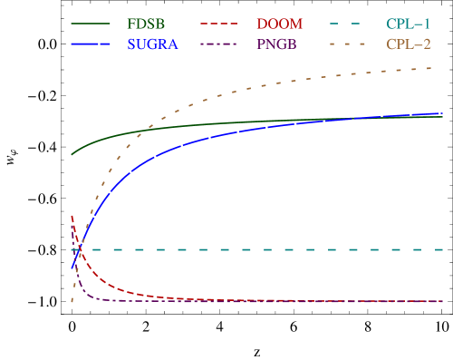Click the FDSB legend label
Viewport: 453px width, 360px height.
click(x=146, y=24)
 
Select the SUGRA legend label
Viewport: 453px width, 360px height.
click(x=153, y=44)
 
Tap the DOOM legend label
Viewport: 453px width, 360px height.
click(x=279, y=24)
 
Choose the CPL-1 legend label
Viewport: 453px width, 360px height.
click(x=409, y=24)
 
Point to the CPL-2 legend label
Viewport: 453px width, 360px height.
click(x=409, y=44)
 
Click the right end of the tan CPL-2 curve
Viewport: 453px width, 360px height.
click(x=443, y=68)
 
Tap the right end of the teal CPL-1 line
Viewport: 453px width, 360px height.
click(x=443, y=249)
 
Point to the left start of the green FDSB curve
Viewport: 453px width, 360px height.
click(x=72, y=154)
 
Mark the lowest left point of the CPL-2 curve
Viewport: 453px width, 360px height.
click(x=72, y=302)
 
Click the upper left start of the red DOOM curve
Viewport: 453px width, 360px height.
click(x=72, y=215)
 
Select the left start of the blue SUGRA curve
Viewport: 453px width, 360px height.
click(x=72, y=269)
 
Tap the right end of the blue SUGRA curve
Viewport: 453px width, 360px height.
click(x=443, y=113)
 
